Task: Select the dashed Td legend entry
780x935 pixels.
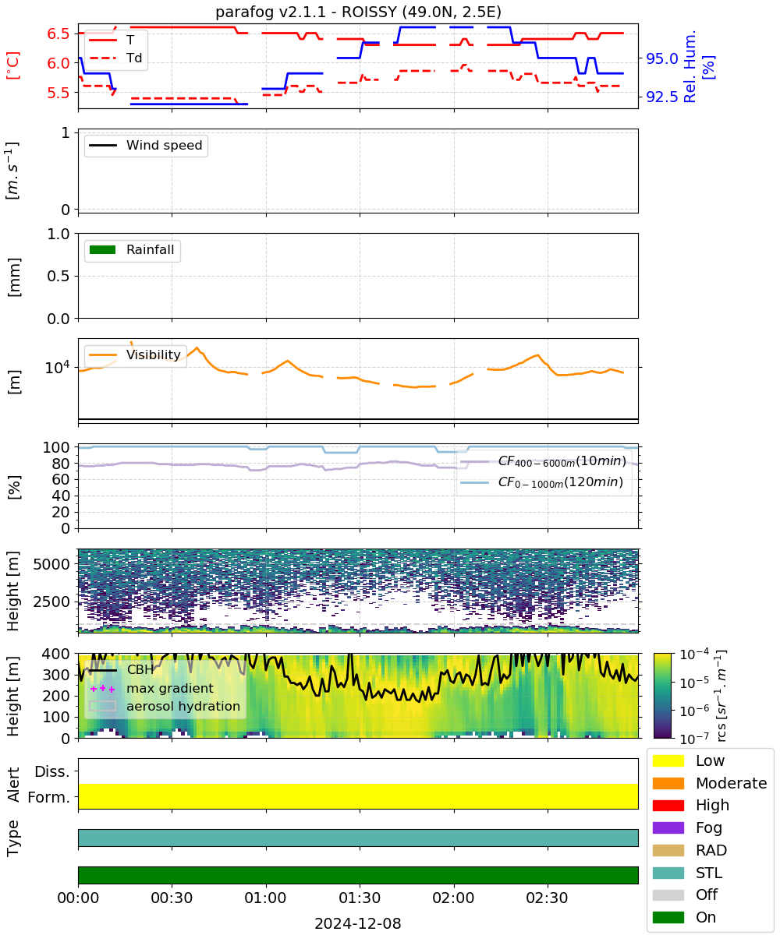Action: [115, 58]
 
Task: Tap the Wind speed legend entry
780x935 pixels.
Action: [146, 145]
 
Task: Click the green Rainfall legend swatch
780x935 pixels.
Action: [103, 249]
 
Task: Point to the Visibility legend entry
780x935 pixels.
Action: [134, 355]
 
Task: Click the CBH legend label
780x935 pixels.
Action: [140, 669]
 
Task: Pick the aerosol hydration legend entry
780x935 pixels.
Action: [165, 706]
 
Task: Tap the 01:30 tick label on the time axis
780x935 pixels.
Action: [360, 898]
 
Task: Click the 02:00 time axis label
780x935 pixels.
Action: [453, 898]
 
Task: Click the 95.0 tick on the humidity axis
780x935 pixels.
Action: [661, 58]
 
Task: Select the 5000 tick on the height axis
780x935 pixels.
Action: [51, 564]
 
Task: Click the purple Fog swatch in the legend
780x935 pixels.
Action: [668, 827]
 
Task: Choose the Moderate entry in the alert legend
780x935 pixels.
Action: [710, 783]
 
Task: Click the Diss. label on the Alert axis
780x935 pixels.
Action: [52, 771]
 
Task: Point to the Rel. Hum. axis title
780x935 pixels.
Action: [690, 66]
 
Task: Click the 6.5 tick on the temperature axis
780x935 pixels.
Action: [58, 34]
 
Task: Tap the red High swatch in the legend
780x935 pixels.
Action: [668, 805]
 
